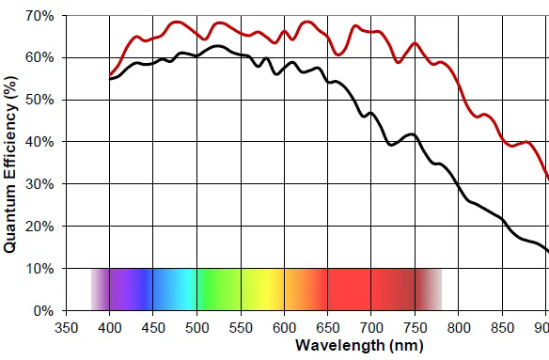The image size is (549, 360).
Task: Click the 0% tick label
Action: coord(43,310)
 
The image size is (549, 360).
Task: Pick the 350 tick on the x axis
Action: coord(67,328)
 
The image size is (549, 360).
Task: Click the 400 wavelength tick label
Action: coord(110,328)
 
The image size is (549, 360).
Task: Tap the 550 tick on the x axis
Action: coord(241,328)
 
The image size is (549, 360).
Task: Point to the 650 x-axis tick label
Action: coord(327,328)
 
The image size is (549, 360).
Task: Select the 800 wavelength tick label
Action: coord(459,328)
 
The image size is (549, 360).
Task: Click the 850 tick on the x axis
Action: coord(502,328)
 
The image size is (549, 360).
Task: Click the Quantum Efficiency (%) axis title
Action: coord(11,164)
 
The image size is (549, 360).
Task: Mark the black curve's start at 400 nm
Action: coord(110,79)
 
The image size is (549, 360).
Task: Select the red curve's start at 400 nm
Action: coord(110,74)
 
